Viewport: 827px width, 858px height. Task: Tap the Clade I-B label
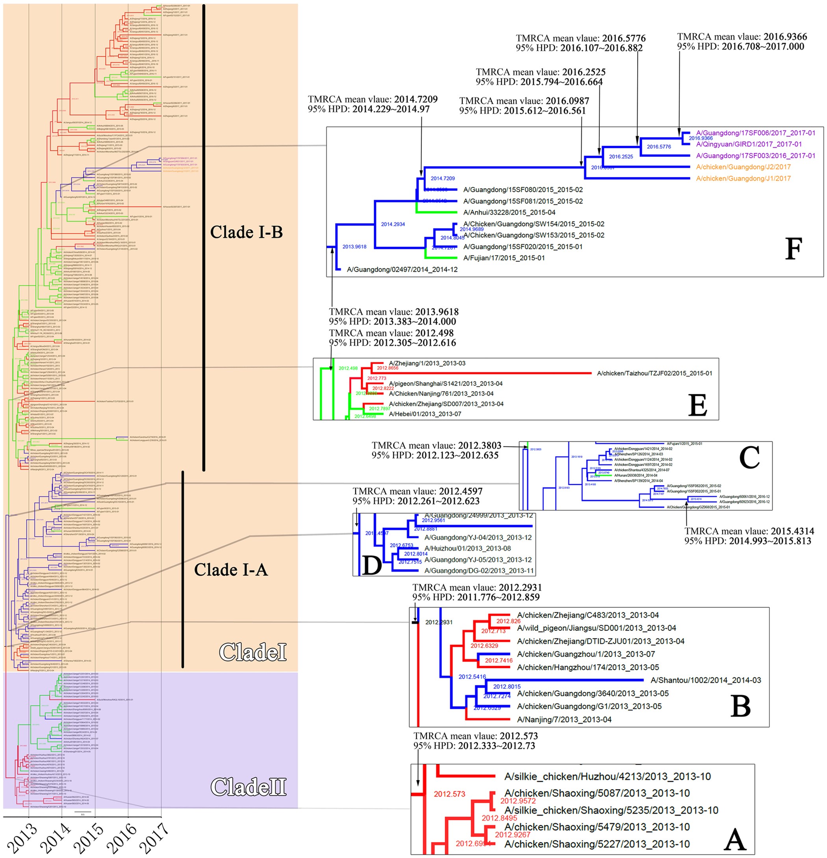point(247,232)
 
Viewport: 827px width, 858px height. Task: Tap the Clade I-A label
point(231,570)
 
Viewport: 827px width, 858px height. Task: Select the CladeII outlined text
point(248,787)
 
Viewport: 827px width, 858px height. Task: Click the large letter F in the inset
point(793,249)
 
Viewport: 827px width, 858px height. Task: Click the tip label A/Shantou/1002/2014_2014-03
point(705,680)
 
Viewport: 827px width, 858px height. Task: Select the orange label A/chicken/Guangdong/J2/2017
point(744,167)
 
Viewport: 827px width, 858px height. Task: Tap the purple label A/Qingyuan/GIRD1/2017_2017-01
point(749,144)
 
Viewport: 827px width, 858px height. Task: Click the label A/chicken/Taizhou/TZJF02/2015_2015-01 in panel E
point(655,373)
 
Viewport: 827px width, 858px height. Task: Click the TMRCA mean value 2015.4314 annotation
point(749,531)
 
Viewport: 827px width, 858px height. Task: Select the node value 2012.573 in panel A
point(449,794)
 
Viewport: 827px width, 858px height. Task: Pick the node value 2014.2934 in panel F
point(393,224)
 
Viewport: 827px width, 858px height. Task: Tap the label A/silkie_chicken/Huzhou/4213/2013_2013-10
point(607,776)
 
